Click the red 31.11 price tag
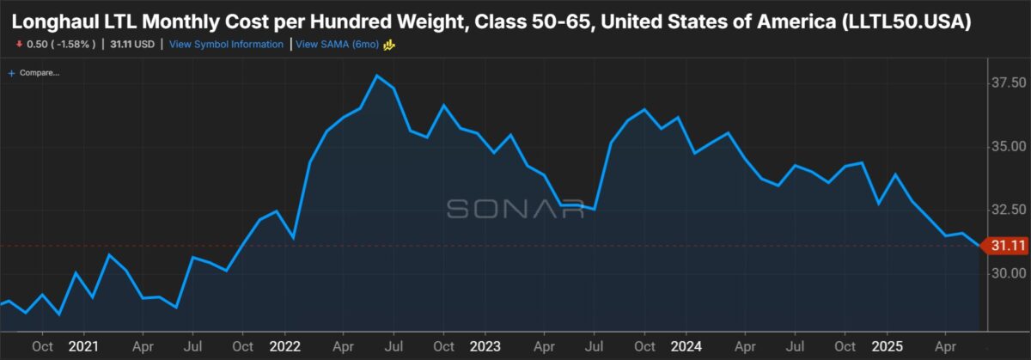[1007, 246]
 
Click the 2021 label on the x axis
[84, 346]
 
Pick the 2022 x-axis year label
[284, 346]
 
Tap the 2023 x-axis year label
[485, 346]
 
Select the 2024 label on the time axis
[686, 346]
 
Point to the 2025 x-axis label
[888, 346]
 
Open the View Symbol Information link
[226, 44]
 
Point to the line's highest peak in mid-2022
[377, 76]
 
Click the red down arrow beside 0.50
[18, 44]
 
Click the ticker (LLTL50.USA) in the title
[909, 21]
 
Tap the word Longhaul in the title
[55, 21]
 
